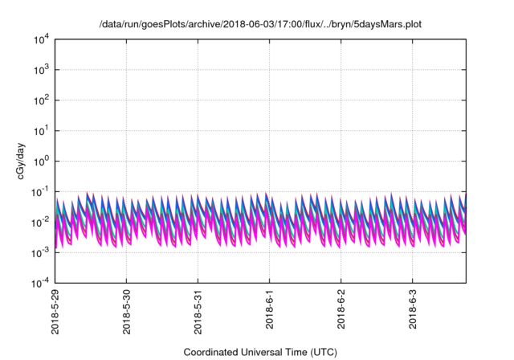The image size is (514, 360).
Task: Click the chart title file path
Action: (x=261, y=24)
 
